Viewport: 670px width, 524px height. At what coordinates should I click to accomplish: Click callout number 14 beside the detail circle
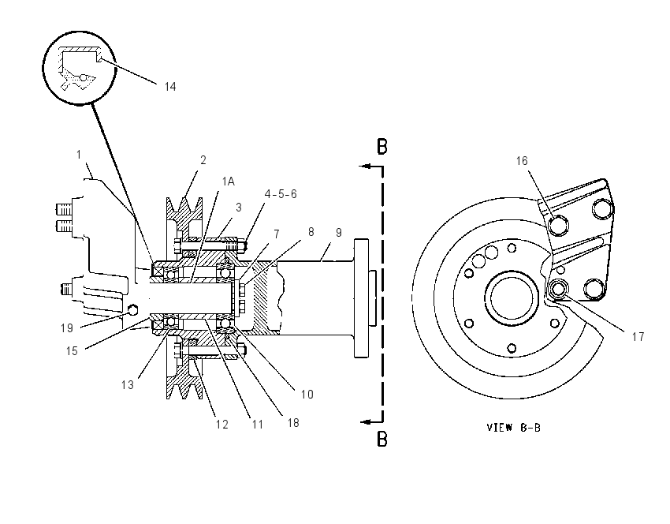pyautogui.click(x=170, y=87)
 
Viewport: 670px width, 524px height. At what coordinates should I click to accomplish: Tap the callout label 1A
pyautogui.click(x=228, y=182)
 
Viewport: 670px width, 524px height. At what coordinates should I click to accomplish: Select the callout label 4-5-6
pyautogui.click(x=281, y=194)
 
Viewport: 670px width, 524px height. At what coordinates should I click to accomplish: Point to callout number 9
pyautogui.click(x=339, y=233)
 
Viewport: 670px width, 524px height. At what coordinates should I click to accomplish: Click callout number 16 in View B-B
pyautogui.click(x=522, y=161)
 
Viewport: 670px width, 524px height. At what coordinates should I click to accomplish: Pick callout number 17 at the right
pyautogui.click(x=638, y=337)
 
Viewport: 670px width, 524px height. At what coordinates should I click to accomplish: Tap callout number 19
pyautogui.click(x=67, y=328)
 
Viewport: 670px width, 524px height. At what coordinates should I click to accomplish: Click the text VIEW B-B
pyautogui.click(x=514, y=427)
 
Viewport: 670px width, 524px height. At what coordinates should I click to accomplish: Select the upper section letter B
pyautogui.click(x=382, y=146)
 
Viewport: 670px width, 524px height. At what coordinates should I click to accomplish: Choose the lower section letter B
pyautogui.click(x=382, y=440)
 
